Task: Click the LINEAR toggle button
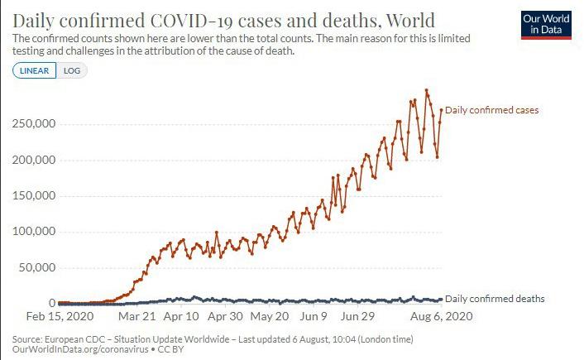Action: point(35,70)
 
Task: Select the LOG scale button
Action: point(72,70)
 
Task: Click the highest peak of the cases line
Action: point(426,90)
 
